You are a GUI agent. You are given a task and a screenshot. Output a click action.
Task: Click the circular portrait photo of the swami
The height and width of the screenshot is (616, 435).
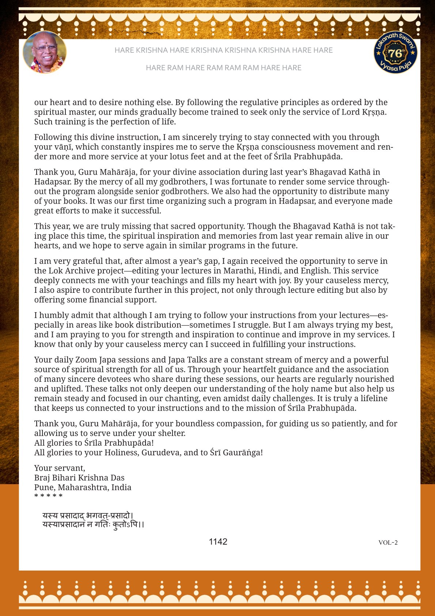click(45, 52)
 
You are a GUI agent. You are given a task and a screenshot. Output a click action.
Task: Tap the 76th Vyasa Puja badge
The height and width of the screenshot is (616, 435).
click(395, 52)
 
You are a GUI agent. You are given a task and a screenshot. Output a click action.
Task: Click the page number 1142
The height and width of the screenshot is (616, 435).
click(218, 542)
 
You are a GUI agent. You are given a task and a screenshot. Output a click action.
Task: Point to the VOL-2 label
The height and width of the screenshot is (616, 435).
click(388, 542)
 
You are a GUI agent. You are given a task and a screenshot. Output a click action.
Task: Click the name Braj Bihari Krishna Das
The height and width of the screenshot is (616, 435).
click(79, 478)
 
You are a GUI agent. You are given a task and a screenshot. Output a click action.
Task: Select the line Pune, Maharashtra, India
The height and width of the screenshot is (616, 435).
click(83, 487)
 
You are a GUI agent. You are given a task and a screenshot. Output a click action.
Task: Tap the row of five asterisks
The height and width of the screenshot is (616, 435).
click(48, 496)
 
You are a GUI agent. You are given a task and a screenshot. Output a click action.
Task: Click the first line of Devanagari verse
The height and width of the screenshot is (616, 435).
click(87, 516)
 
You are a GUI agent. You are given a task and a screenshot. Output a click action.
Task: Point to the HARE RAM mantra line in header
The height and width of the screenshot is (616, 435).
click(223, 68)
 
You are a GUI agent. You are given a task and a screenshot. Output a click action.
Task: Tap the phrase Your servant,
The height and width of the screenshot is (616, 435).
click(60, 468)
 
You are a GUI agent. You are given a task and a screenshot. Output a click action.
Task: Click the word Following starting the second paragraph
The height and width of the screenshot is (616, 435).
click(52, 137)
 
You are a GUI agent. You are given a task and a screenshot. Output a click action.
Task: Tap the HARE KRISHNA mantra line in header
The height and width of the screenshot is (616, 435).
click(223, 50)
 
